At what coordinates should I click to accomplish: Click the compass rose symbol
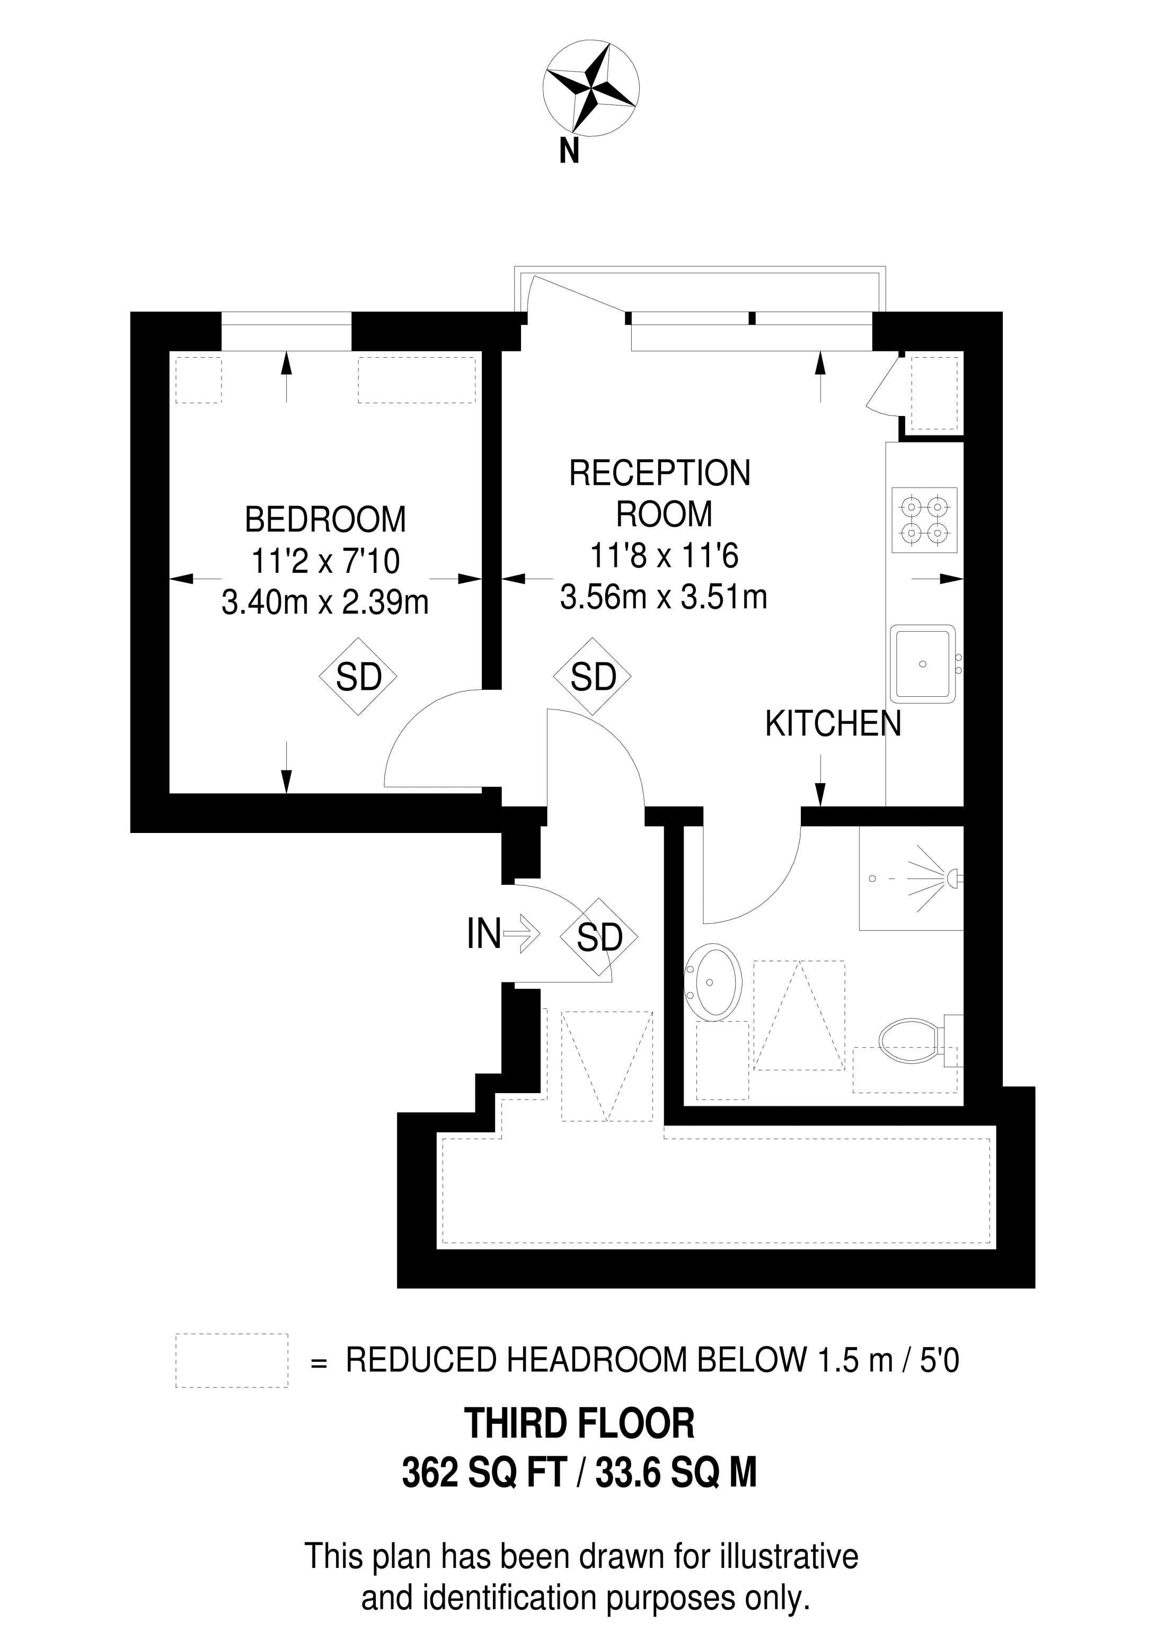pyautogui.click(x=590, y=89)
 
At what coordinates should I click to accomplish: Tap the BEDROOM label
pyautogui.click(x=325, y=520)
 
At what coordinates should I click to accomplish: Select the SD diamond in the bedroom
pyautogui.click(x=358, y=677)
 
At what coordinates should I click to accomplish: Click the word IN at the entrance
pyautogui.click(x=483, y=934)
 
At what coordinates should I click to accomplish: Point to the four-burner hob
pyautogui.click(x=925, y=521)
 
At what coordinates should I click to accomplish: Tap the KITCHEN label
pyautogui.click(x=833, y=725)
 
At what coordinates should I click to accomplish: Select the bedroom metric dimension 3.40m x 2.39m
pyautogui.click(x=325, y=602)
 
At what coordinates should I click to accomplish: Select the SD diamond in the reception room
pyautogui.click(x=593, y=677)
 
